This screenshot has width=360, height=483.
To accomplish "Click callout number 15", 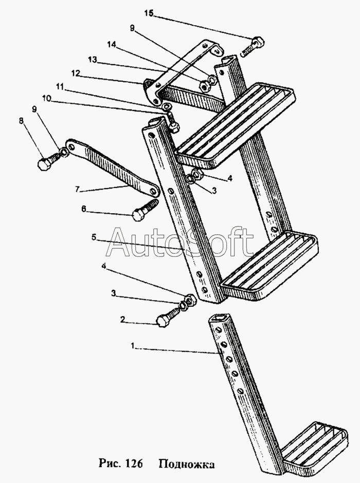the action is (148, 14).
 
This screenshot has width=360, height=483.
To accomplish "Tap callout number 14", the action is (111, 45).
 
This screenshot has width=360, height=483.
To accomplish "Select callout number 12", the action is (76, 73).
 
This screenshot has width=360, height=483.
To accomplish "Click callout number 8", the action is (21, 121).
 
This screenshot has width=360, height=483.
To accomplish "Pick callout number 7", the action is (78, 189).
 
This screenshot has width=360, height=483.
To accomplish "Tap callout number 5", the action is (94, 237).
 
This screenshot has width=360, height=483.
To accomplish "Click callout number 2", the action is (123, 320).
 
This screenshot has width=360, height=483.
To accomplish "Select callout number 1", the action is (132, 347).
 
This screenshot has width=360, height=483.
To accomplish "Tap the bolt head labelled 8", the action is (45, 164).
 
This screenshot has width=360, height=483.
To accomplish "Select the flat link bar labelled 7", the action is (110, 169).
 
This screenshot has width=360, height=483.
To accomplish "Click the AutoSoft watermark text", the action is (180, 242).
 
